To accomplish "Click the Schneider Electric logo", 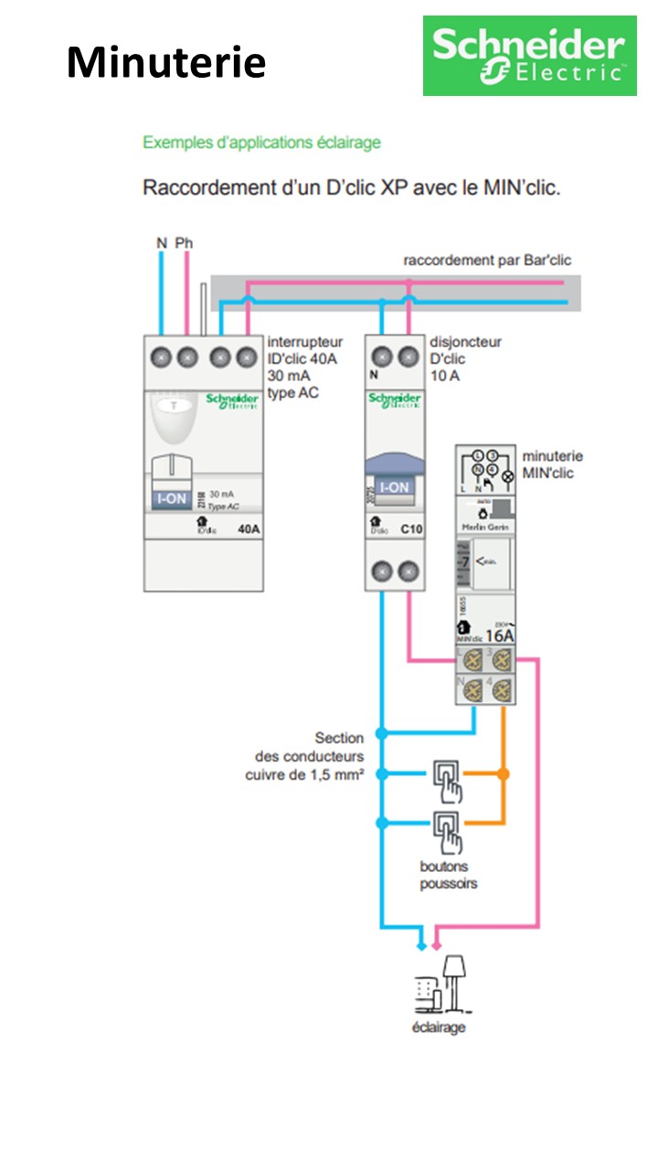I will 529,56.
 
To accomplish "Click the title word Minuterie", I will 166,62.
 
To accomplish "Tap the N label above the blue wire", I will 162,243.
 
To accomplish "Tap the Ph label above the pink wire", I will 185,243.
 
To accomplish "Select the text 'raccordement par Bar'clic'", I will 487,261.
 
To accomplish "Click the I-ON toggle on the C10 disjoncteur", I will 394,487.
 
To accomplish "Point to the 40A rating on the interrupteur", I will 248,528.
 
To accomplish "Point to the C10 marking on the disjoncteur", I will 411,528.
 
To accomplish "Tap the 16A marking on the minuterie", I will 500,634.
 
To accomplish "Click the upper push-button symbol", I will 447,775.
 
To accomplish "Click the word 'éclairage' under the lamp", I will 439,1027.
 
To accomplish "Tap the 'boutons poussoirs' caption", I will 449,875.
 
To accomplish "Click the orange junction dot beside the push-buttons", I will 502,774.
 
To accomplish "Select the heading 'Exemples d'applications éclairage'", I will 261,143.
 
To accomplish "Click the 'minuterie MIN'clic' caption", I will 552,464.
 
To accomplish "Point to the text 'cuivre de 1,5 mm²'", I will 304,775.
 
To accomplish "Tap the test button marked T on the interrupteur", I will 170,405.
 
